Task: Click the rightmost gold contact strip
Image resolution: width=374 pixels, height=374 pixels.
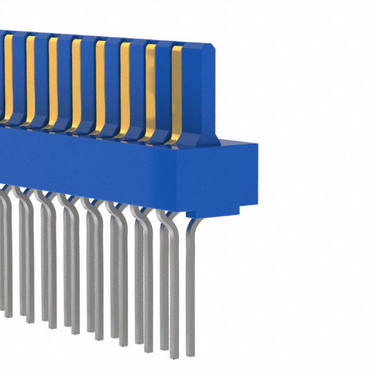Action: [176, 88]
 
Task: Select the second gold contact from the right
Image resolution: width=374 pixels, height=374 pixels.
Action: [150, 88]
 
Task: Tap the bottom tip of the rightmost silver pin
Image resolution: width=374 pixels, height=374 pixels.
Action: [190, 354]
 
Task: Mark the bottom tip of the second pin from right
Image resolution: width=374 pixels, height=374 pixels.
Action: [174, 356]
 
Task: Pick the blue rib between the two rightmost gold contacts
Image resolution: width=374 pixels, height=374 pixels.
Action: [163, 88]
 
